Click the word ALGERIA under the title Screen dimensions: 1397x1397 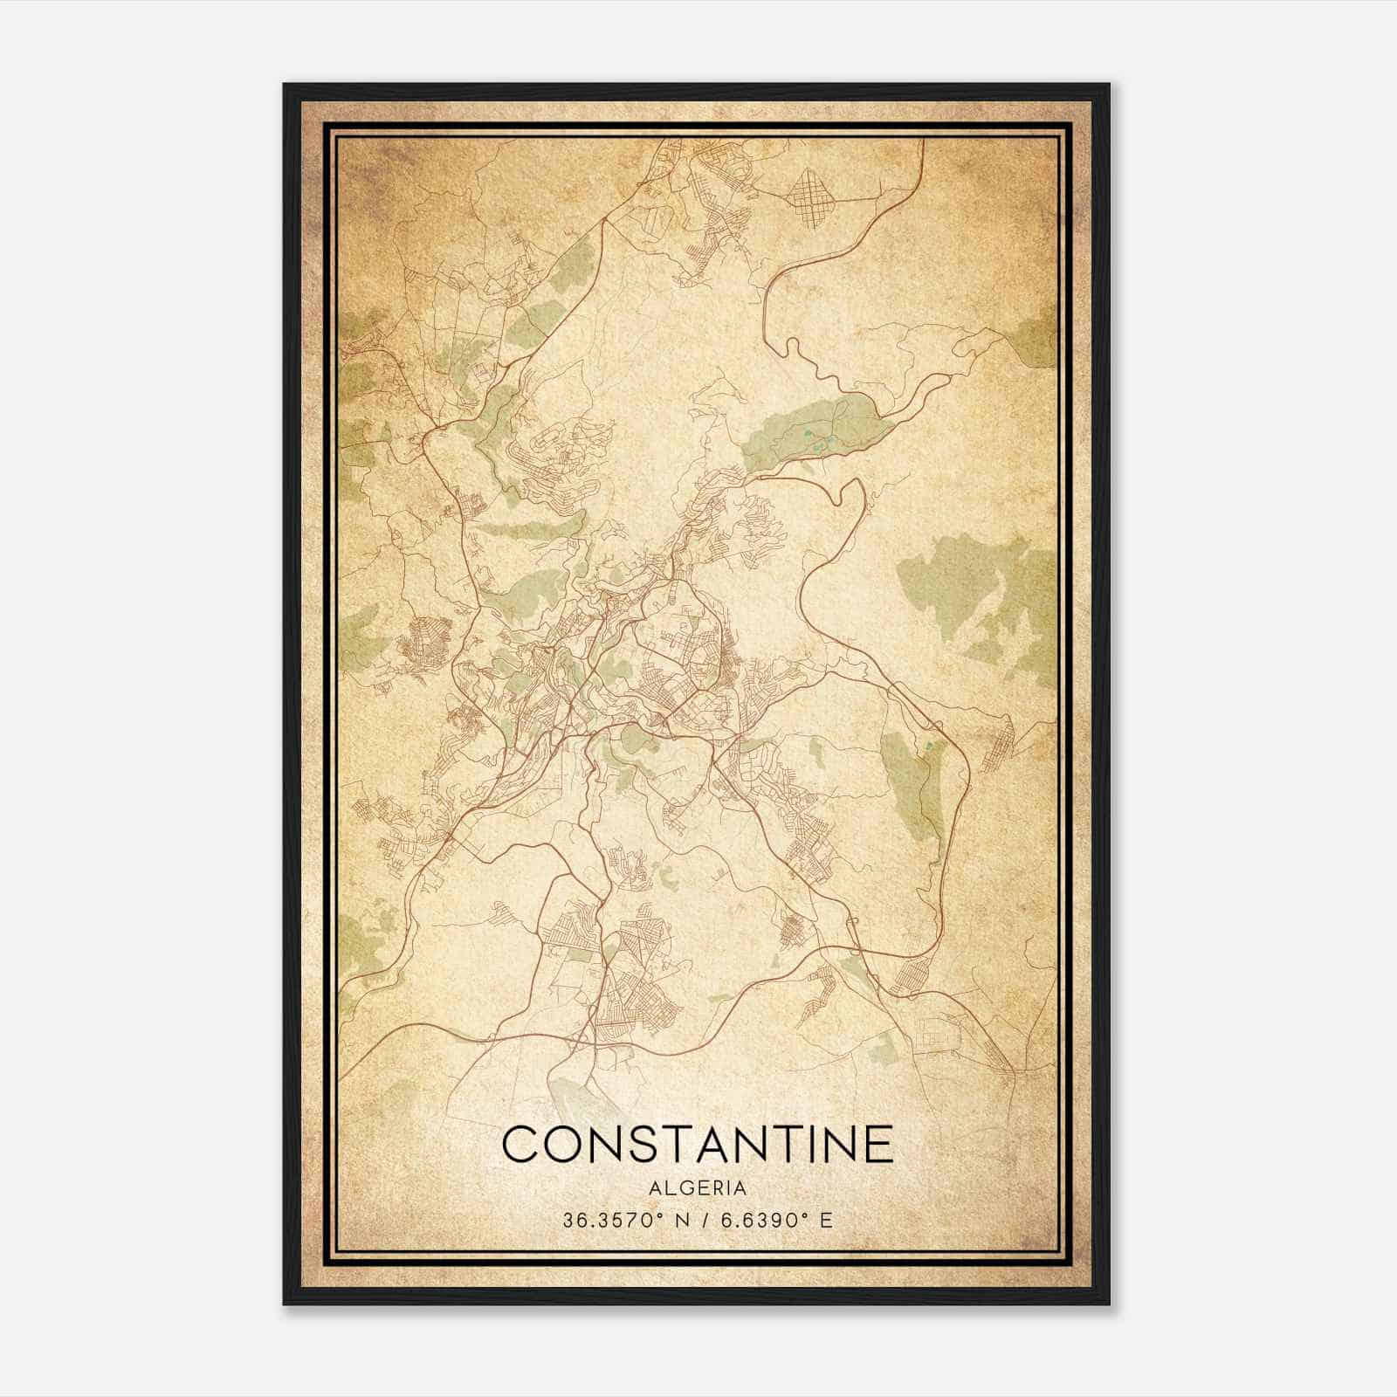click(698, 1188)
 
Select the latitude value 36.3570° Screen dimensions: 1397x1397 click(609, 1220)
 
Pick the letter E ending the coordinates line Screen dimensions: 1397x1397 click(826, 1220)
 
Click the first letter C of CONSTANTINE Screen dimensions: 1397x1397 click(520, 1145)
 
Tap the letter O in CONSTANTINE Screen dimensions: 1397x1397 click(564, 1145)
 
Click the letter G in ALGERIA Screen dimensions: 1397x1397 click(682, 1188)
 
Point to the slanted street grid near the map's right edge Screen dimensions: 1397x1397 click(999, 742)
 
